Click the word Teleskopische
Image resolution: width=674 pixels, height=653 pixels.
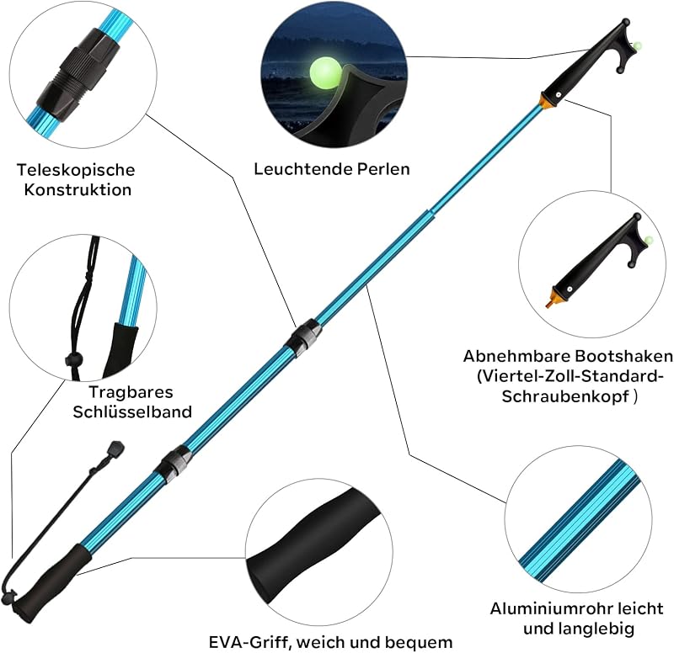click(x=76, y=170)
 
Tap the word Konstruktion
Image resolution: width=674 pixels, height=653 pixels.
click(x=78, y=190)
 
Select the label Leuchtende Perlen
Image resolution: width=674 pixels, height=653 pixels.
click(x=332, y=169)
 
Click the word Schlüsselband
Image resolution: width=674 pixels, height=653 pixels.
click(x=132, y=411)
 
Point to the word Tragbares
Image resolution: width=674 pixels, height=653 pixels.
click(x=131, y=392)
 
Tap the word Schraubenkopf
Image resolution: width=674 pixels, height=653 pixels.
click(x=565, y=396)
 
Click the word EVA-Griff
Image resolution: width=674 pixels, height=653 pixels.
click(x=249, y=643)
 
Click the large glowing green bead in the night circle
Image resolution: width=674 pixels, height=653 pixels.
click(x=325, y=72)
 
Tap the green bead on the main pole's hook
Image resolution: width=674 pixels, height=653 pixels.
click(x=638, y=45)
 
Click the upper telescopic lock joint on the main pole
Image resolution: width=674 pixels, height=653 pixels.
click(x=302, y=335)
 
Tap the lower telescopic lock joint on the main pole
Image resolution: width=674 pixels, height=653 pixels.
click(x=174, y=463)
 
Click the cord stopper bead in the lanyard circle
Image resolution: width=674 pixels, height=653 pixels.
click(x=72, y=358)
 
